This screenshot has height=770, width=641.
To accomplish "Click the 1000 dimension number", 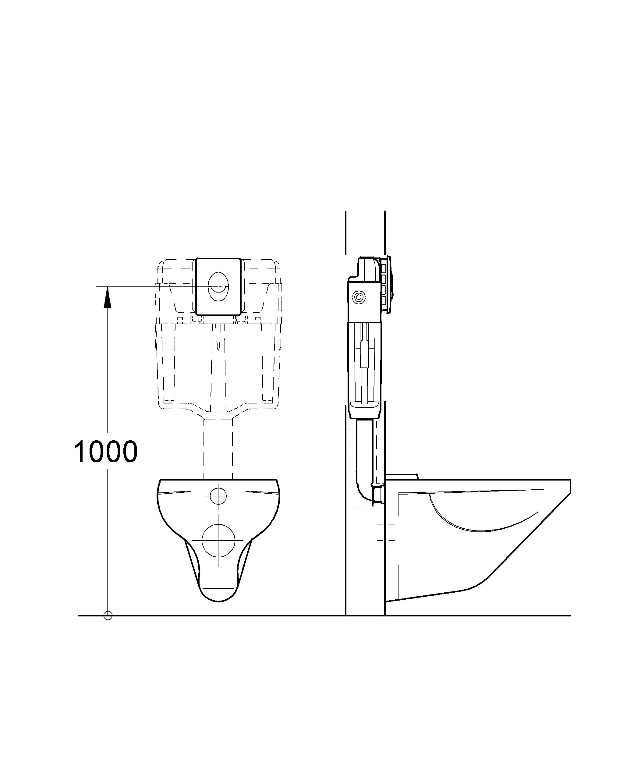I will (106, 452).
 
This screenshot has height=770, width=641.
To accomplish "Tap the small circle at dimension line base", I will (108, 616).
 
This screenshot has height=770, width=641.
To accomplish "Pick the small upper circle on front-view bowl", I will (218, 496).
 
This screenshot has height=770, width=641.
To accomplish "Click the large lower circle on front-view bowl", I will (218, 541).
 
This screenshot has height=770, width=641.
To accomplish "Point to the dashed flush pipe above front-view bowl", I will (218, 451).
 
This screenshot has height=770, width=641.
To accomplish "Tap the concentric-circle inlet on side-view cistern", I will (358, 297).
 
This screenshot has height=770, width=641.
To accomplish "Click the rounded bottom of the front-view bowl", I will (218, 598).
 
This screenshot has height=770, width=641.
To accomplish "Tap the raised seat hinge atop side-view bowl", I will (402, 476).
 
